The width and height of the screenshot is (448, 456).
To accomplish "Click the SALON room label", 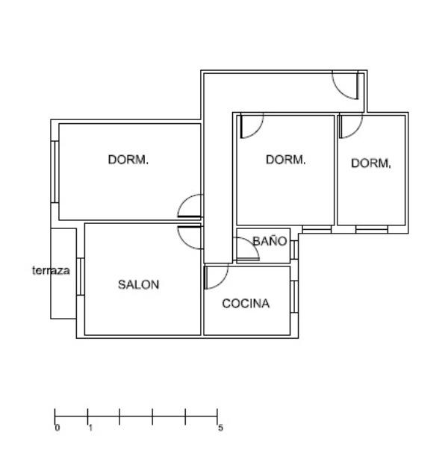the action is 138,284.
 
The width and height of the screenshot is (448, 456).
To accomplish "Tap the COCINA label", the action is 246,303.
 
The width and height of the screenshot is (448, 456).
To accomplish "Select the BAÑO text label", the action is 270,241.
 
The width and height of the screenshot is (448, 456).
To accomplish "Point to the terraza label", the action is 51,270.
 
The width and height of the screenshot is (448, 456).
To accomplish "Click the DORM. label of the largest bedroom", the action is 128,160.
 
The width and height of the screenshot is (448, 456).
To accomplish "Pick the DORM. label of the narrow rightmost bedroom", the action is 371,163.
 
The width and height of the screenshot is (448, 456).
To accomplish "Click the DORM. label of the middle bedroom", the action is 286,160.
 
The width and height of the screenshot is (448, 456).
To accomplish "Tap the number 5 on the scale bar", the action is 221,428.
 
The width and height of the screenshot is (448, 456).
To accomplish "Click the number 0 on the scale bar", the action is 57,428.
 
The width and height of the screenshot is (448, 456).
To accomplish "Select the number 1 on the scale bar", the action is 90,428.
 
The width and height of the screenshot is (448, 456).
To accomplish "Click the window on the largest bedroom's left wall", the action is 55,172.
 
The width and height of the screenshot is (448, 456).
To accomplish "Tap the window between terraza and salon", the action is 81,277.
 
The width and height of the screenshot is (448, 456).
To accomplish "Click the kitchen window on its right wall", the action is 294,296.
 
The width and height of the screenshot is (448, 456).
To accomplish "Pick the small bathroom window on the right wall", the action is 294,250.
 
